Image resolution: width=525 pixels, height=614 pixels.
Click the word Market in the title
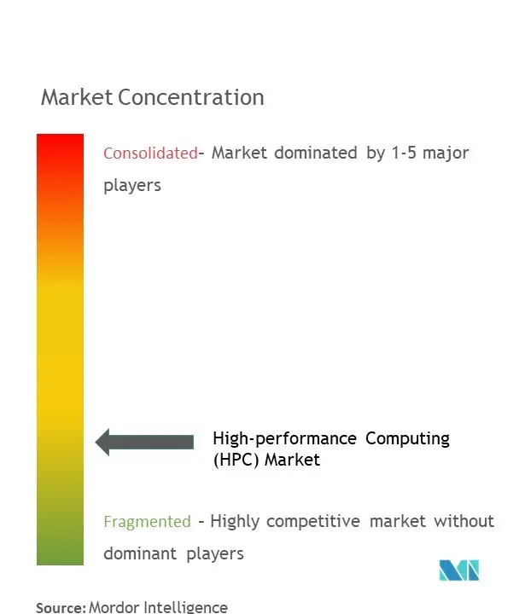[77, 97]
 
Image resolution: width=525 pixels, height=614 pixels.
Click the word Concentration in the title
[191, 97]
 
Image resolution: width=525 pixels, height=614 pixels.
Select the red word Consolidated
[150, 153]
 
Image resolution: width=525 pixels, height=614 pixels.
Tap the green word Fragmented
[147, 522]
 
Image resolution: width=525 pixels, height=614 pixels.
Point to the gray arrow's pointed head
[96, 442]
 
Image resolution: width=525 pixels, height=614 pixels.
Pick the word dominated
[316, 153]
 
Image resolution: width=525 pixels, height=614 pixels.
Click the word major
[446, 153]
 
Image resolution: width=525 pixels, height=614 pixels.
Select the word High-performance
[284, 439]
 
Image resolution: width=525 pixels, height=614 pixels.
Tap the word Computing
[407, 439]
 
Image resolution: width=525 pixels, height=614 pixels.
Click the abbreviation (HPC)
[236, 460]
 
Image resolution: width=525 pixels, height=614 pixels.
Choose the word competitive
[313, 522]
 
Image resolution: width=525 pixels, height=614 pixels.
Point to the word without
[464, 521]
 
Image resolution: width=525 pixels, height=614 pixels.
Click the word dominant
[140, 553]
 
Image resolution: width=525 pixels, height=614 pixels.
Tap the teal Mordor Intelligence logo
[459, 571]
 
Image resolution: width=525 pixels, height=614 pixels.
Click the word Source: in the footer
[61, 608]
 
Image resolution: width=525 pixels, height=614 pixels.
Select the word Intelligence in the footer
[185, 608]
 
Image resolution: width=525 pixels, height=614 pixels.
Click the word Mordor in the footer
[114, 607]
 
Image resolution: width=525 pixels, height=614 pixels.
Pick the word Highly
[235, 522]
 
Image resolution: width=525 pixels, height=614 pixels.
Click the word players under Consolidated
[132, 186]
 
